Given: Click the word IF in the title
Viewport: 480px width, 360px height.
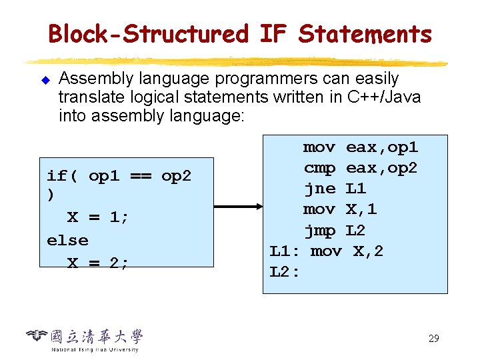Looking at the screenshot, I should coord(273,33).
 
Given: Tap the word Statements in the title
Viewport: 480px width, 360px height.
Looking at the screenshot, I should coord(365,33).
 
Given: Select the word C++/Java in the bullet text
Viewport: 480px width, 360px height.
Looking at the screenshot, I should coord(384,97).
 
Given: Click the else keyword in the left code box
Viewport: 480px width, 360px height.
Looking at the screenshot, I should coord(67,240).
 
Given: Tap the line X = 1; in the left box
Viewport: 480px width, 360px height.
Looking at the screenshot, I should coord(98,218).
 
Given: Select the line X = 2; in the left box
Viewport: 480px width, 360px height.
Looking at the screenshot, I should coord(98,263).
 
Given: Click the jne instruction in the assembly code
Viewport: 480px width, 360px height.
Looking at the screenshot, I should coord(319,189).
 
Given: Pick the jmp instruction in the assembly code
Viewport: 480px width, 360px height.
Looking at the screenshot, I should coord(319,231).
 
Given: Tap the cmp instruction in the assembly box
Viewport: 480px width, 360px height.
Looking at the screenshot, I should coord(319,167).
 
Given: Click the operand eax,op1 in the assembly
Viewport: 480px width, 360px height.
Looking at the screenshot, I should coord(381,147).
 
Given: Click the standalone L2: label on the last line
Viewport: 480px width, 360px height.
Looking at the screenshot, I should coord(285,272).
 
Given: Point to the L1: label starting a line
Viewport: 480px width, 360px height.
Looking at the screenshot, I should coord(285,251).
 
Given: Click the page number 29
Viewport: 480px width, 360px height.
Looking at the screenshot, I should coord(433,339).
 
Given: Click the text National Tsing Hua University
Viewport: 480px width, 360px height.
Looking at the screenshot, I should coord(95,349).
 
